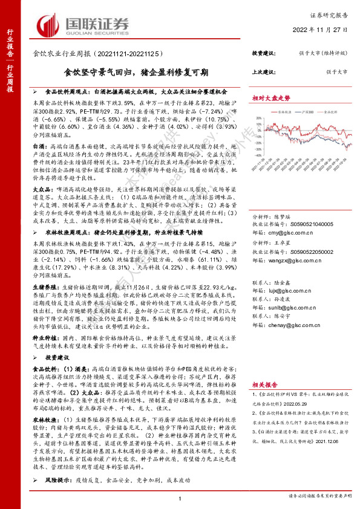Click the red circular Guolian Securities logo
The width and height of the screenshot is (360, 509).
tap(51, 24)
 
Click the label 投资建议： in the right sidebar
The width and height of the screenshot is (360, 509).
tap(264, 53)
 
